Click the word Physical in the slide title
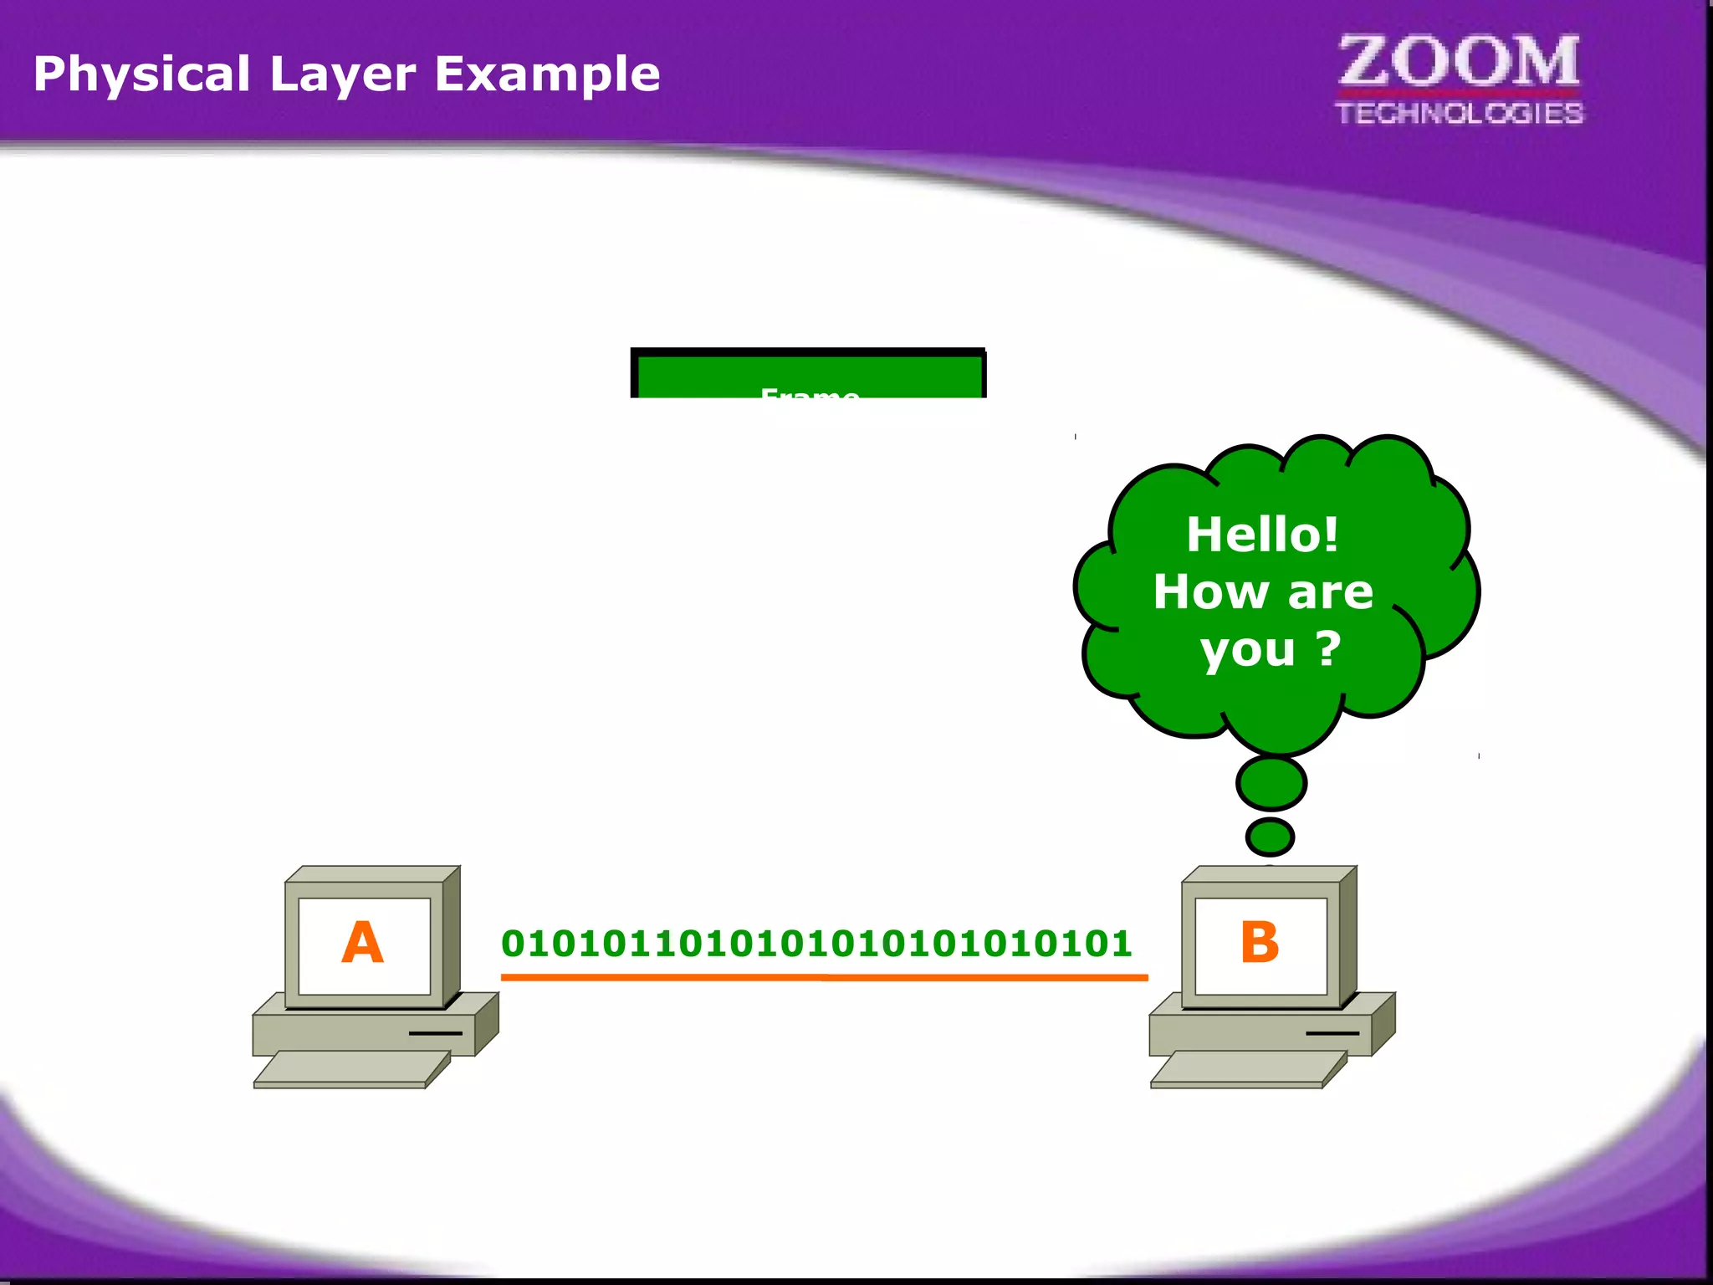point(141,74)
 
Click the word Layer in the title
point(342,74)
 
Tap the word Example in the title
point(547,74)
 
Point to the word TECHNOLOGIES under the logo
point(1459,113)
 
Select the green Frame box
point(808,375)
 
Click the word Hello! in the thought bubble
point(1262,534)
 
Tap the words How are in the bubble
point(1262,592)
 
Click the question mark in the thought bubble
point(1328,648)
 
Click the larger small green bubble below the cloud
point(1271,783)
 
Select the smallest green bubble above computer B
point(1270,837)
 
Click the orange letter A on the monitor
point(362,943)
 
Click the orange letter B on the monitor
point(1260,943)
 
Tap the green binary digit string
point(816,944)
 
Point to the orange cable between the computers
point(824,976)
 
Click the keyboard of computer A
point(351,1069)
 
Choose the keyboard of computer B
point(1248,1069)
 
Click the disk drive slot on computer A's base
point(435,1033)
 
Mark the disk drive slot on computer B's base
point(1332,1033)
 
